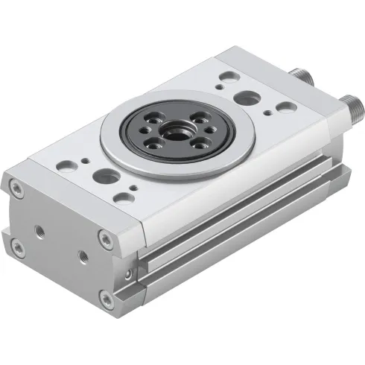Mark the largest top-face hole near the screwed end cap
click(106, 177)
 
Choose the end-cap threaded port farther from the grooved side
click(35, 228)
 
